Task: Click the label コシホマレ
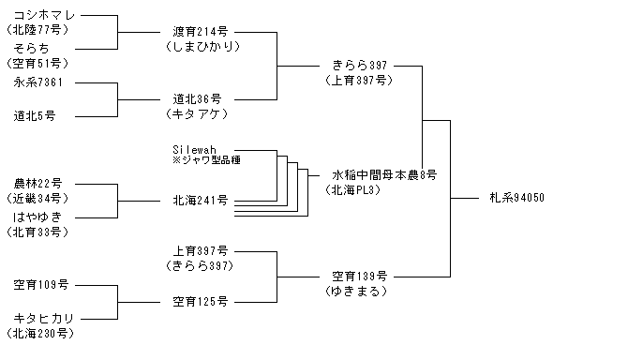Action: point(44,16)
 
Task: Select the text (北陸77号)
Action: point(37,30)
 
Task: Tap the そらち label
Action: point(31,49)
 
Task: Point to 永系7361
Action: point(38,82)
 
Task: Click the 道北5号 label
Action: point(35,116)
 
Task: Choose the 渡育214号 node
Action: point(201,32)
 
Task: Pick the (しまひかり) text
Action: point(203,47)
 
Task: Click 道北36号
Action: point(197,99)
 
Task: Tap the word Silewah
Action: point(194,149)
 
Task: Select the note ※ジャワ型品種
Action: point(206,160)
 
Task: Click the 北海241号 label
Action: point(201,201)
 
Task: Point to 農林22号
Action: point(38,184)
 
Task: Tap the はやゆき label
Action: point(37,217)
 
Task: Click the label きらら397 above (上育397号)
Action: point(360,66)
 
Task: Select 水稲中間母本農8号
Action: point(384,175)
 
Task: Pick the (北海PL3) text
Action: point(352,189)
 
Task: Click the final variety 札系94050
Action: point(517,198)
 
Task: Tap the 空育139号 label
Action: point(360,277)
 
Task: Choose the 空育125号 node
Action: point(201,302)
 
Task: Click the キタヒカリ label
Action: point(44,319)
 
